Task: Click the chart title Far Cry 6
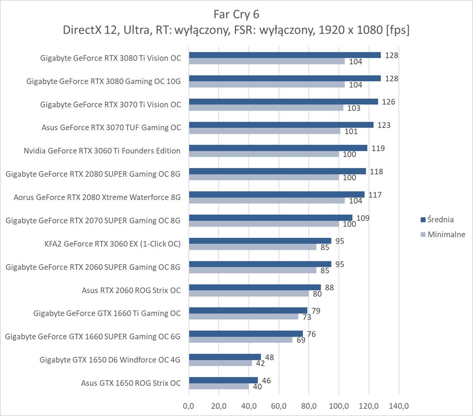pyautogui.click(x=236, y=14)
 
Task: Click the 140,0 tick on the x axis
pyautogui.click(x=398, y=405)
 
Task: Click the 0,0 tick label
pyautogui.click(x=189, y=405)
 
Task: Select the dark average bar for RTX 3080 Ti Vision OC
pyautogui.click(x=284, y=55)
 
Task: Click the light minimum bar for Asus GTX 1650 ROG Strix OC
pyautogui.click(x=219, y=386)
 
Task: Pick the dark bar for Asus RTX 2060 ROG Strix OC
pyautogui.click(x=255, y=287)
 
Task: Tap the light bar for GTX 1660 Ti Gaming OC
pyautogui.click(x=243, y=317)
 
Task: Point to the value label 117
pyautogui.click(x=375, y=195)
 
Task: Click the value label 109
pyautogui.click(x=363, y=218)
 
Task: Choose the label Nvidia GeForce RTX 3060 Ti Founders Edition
pyautogui.click(x=102, y=151)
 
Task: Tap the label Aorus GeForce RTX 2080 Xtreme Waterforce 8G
pyautogui.click(x=97, y=198)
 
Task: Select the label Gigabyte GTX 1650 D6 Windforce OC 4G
pyautogui.click(x=110, y=360)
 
